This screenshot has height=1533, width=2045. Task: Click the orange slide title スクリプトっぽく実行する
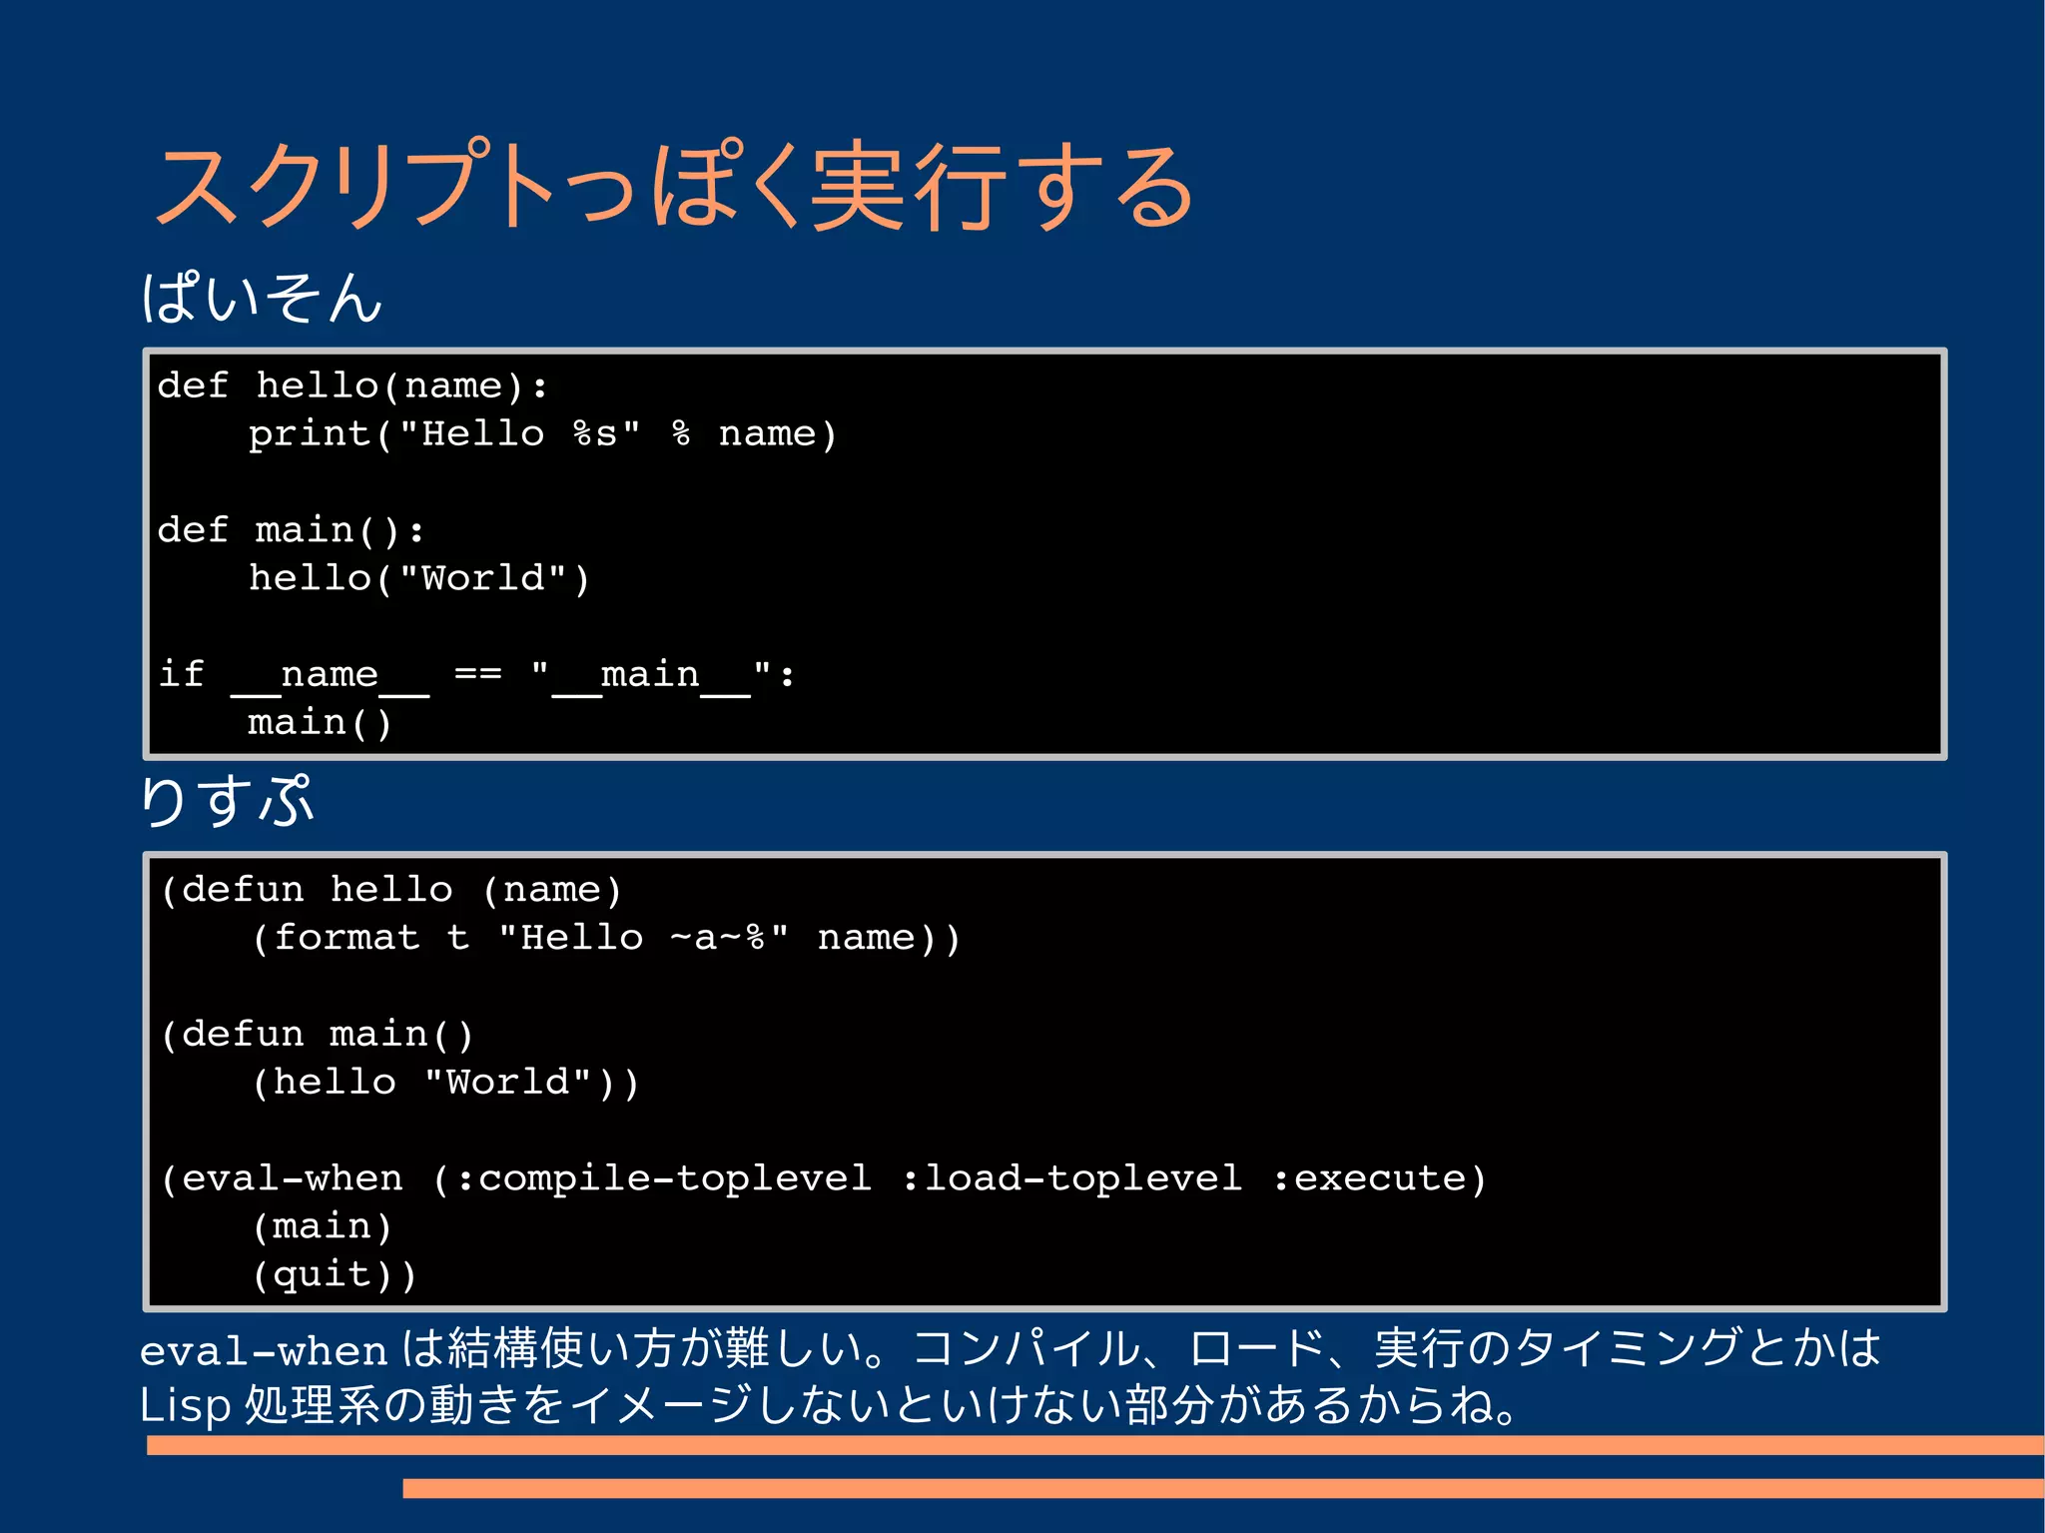(x=675, y=187)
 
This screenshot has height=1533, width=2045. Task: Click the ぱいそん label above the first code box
(x=262, y=298)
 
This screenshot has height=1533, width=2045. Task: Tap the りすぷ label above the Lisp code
(x=228, y=801)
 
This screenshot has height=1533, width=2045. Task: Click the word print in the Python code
(x=310, y=434)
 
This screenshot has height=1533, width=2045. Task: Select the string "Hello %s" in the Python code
(x=519, y=434)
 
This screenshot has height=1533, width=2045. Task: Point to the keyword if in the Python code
(x=182, y=674)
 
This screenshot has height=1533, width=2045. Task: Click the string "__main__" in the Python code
(x=651, y=674)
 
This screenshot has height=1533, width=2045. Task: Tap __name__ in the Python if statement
(x=330, y=676)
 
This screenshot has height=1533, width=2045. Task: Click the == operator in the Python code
(x=477, y=674)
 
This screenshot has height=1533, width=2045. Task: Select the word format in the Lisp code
(x=346, y=938)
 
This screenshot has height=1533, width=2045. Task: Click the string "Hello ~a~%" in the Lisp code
(x=643, y=938)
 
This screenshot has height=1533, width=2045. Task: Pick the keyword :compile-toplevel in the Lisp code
(x=663, y=1178)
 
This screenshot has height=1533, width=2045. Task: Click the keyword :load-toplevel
(x=1072, y=1178)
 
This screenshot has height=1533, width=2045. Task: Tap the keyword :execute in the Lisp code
(x=1369, y=1178)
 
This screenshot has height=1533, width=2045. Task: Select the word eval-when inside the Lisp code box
(x=293, y=1178)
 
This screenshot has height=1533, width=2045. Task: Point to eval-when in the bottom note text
(x=264, y=1351)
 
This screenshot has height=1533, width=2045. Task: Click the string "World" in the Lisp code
(x=509, y=1083)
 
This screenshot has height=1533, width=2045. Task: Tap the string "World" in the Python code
(x=483, y=578)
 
